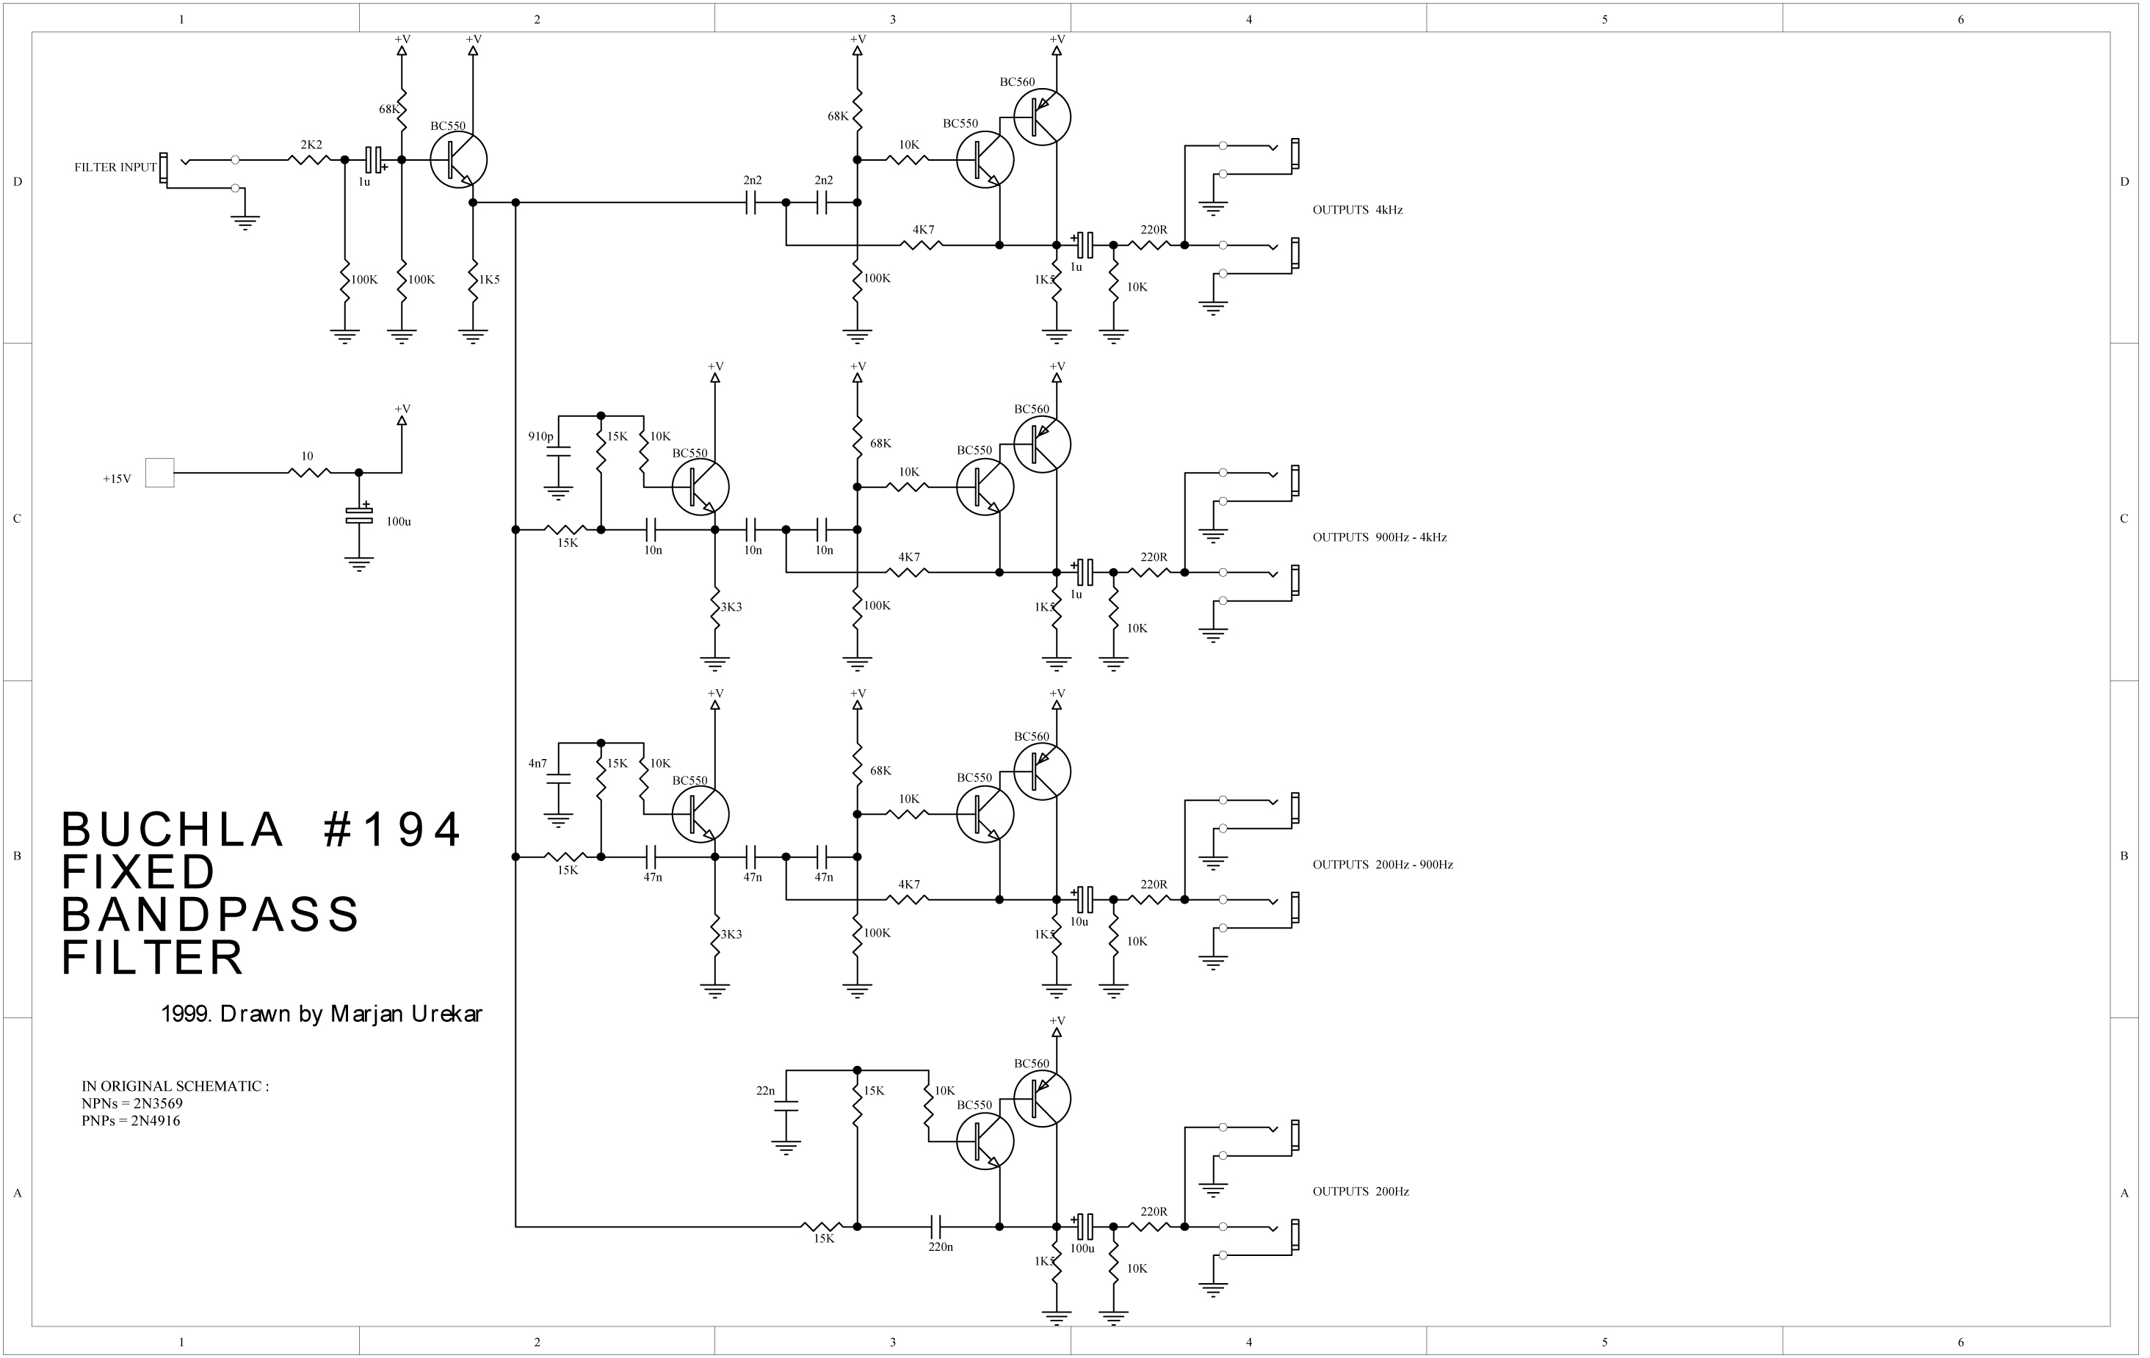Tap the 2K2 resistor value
pos(311,145)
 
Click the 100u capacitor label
pos(398,521)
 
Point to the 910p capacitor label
pos(540,437)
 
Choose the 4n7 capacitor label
pos(537,763)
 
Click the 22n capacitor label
pos(765,1091)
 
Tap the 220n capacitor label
pos(940,1246)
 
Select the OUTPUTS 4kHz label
pos(1357,211)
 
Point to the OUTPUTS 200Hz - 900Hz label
pos(1382,864)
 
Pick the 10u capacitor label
pos(1079,921)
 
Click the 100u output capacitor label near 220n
pos(1082,1248)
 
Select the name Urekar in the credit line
pos(446,1014)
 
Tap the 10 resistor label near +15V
pos(307,457)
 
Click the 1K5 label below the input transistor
pos(489,280)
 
